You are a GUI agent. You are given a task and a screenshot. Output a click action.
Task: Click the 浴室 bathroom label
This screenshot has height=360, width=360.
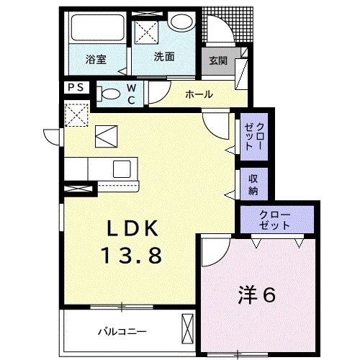96,60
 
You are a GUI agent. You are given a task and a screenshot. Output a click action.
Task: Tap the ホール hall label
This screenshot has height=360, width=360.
198,94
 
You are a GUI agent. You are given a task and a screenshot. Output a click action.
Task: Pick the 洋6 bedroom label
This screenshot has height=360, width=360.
258,294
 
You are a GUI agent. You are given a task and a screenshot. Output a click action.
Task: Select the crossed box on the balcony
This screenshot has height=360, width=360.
189,330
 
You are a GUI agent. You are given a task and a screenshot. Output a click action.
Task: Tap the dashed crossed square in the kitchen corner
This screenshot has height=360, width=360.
75,114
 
